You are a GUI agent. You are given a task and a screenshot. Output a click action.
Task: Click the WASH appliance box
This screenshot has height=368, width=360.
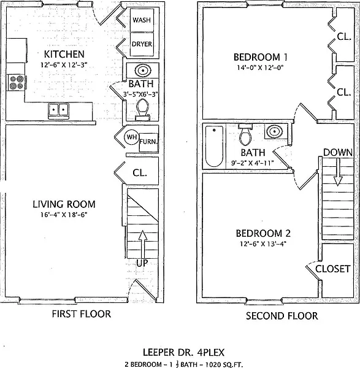142,20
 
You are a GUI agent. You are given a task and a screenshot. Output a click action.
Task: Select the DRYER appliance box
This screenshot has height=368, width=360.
142,44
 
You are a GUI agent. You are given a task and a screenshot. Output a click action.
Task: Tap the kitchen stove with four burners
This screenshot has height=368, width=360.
16,82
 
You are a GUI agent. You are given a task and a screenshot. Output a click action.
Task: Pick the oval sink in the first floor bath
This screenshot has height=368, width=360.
142,71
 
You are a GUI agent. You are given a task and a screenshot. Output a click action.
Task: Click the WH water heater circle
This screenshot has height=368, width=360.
132,137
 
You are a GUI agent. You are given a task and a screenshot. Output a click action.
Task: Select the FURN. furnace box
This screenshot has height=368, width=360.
148,142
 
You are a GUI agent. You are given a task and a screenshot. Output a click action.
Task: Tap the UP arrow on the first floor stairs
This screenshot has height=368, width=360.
142,244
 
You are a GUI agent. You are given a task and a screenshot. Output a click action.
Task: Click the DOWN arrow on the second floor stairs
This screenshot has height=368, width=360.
338,172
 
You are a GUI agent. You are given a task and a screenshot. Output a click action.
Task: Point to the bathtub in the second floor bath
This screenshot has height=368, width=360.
214,146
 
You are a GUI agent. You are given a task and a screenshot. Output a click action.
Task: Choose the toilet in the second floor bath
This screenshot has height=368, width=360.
245,135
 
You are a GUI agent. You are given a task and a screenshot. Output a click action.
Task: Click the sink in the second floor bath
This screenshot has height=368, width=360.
274,131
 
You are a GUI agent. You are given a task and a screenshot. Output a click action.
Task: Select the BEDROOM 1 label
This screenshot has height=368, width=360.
260,57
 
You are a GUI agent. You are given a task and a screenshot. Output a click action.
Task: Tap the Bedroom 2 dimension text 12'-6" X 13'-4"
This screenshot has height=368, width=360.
263,244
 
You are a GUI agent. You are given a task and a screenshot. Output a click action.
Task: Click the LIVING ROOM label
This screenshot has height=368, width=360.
64,204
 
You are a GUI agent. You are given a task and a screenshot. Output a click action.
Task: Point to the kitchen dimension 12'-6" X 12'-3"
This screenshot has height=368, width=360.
64,65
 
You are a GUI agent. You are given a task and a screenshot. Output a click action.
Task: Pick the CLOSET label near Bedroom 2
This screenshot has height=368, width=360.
333,269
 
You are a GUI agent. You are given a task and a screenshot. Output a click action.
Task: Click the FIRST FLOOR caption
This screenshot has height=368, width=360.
81,314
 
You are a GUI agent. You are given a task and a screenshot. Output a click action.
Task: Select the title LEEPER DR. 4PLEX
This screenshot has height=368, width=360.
183,352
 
